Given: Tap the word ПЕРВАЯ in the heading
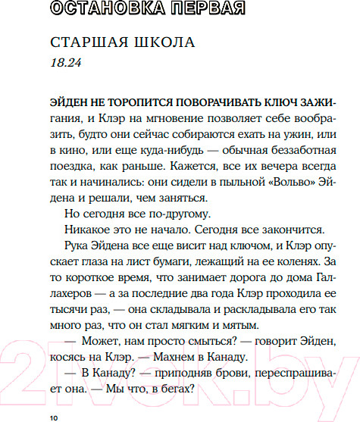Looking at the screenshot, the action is pyautogui.click(x=214, y=9).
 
